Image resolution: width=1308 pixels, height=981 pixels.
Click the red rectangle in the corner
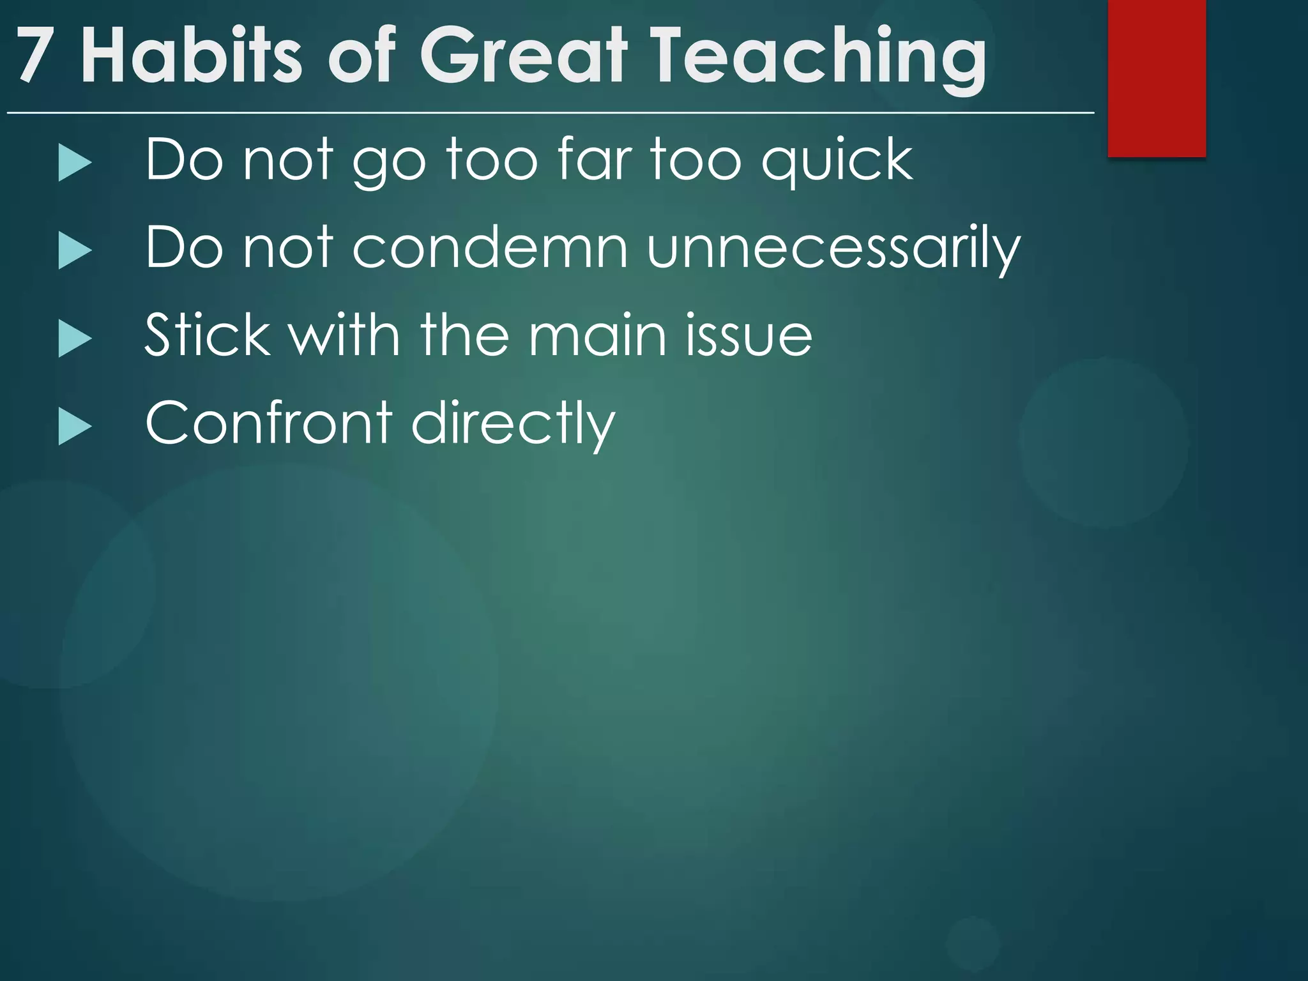1156,78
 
